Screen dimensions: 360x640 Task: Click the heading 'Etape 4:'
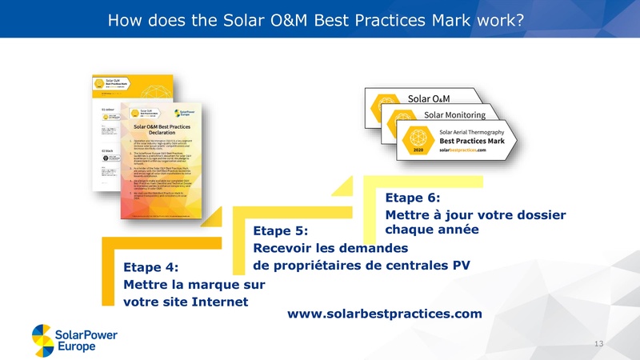pyautogui.click(x=150, y=267)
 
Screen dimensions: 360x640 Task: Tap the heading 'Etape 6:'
pyautogui.click(x=413, y=198)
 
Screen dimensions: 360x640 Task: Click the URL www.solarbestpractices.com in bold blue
pyautogui.click(x=384, y=314)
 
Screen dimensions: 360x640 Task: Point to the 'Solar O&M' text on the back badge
pyautogui.click(x=429, y=98)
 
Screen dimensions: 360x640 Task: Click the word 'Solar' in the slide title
pyautogui.click(x=219, y=18)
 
